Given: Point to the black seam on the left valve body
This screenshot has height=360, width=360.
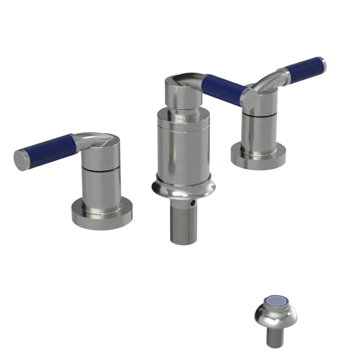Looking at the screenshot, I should [100, 168].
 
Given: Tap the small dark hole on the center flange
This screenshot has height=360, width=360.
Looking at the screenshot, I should [195, 203].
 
